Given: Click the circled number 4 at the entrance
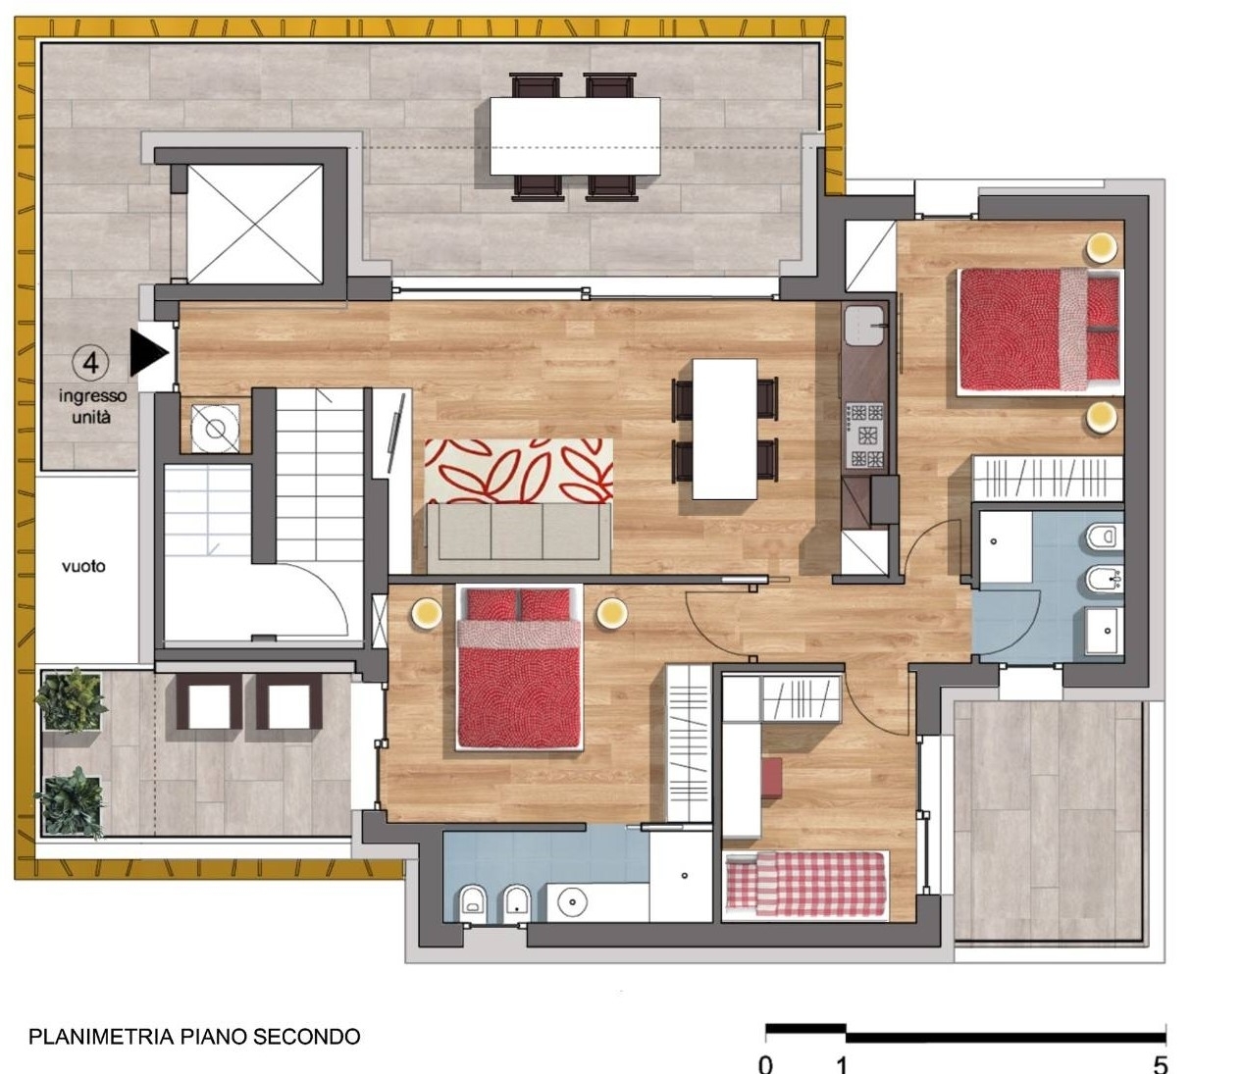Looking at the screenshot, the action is pyautogui.click(x=91, y=364).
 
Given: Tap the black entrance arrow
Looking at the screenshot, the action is pyautogui.click(x=148, y=352).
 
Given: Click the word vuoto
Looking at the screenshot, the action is pyautogui.click(x=83, y=566).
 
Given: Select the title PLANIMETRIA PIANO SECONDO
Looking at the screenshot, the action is pyautogui.click(x=194, y=1036).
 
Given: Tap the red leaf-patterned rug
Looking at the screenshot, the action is pyautogui.click(x=519, y=471).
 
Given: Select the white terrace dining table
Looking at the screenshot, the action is pyautogui.click(x=575, y=136).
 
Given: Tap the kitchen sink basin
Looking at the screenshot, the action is pyautogui.click(x=864, y=325).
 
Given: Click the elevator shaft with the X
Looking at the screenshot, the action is pyautogui.click(x=255, y=225).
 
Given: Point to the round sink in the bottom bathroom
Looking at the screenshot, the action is pyautogui.click(x=572, y=902).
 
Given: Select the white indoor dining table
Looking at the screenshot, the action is pyautogui.click(x=725, y=430).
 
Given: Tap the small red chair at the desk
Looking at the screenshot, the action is pyautogui.click(x=771, y=778).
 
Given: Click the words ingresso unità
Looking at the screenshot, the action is pyautogui.click(x=92, y=406).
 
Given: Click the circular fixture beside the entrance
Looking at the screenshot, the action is pyautogui.click(x=215, y=429).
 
